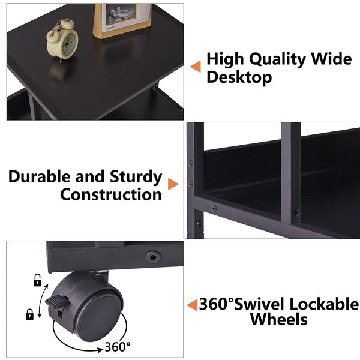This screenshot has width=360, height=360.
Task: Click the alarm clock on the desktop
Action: point(63,40)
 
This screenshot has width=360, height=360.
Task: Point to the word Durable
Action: point(41,177)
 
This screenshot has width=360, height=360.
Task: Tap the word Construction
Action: point(111,194)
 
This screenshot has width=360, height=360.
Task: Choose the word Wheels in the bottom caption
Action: point(278,319)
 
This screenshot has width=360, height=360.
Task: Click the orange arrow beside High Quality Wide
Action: point(196,66)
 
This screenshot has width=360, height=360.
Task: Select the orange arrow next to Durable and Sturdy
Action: point(173,185)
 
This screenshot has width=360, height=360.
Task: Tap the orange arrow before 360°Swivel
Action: point(192,305)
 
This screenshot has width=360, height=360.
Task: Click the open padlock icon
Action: point(37,279)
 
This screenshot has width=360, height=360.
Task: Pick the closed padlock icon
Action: point(29,313)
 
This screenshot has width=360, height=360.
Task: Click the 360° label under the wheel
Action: point(118,346)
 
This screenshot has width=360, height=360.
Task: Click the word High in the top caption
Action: point(225,59)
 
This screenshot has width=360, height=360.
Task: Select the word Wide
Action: point(330,59)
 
